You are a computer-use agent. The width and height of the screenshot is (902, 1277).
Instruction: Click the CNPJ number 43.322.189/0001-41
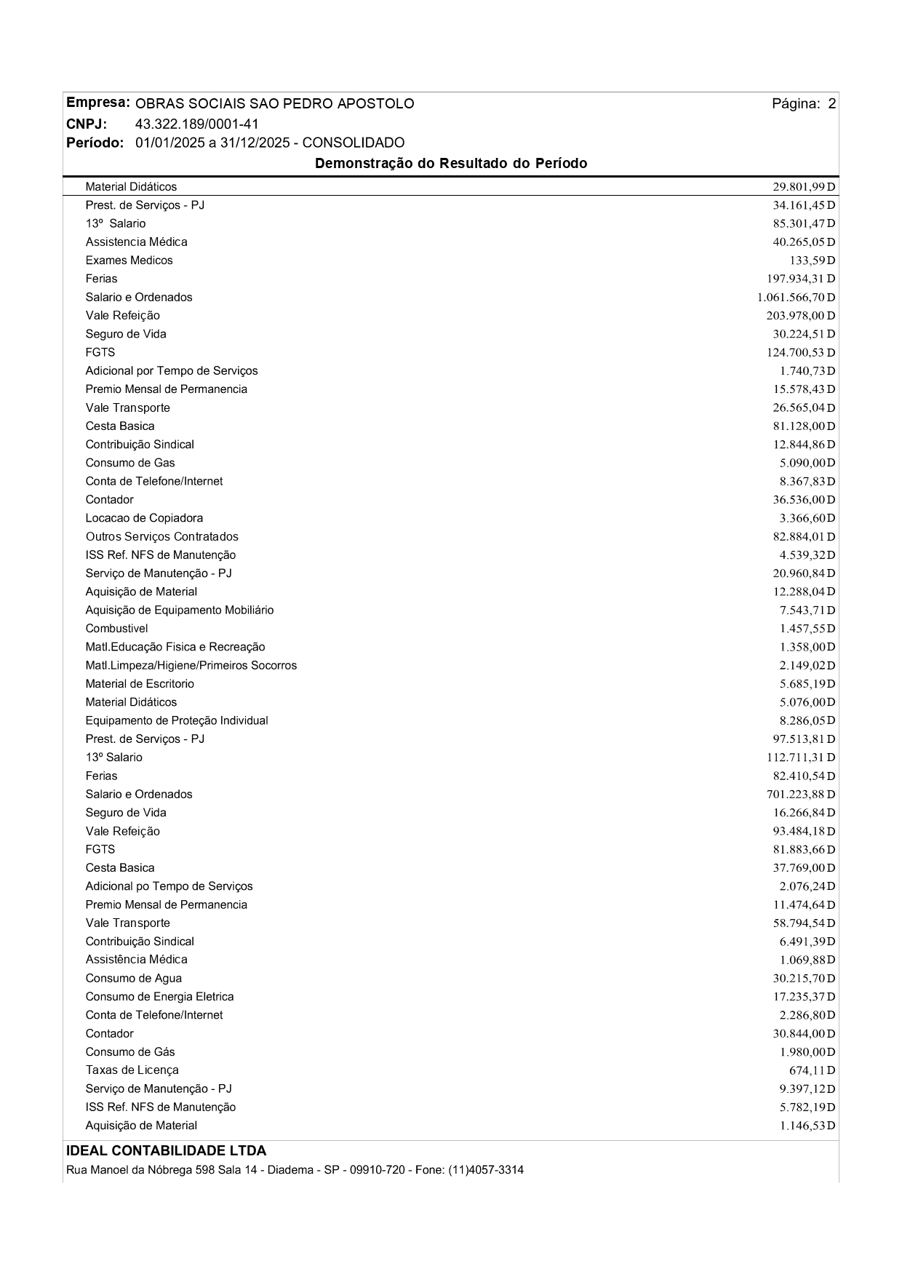point(196,124)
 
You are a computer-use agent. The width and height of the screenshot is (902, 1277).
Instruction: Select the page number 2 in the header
point(831,104)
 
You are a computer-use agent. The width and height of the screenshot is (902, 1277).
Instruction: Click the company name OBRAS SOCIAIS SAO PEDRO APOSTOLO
point(274,104)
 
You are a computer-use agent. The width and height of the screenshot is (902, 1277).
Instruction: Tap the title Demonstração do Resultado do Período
point(450,164)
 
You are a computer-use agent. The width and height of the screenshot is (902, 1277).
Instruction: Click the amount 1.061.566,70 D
point(796,298)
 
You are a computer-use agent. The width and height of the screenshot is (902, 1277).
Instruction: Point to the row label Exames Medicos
point(129,260)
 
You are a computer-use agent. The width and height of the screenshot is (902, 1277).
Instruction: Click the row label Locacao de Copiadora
point(144,518)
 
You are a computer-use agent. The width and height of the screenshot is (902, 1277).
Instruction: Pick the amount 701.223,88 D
point(801,795)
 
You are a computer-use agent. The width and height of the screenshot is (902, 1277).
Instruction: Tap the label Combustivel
point(116,629)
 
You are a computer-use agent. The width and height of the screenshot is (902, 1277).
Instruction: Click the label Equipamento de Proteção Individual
point(177,720)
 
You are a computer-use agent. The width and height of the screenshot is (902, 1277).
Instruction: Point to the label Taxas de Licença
point(132,1070)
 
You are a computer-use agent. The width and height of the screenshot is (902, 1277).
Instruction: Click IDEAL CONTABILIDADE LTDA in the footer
point(166,1151)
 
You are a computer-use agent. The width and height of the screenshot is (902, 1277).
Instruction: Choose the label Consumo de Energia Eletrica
point(159,997)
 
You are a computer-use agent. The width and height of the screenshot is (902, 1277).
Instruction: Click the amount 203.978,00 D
point(801,316)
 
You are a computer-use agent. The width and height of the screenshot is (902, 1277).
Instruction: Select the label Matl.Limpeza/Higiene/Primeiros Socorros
point(191,666)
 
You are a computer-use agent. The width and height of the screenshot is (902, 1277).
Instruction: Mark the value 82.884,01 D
point(804,537)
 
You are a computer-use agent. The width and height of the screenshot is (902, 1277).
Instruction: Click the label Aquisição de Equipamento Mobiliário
point(180,610)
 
